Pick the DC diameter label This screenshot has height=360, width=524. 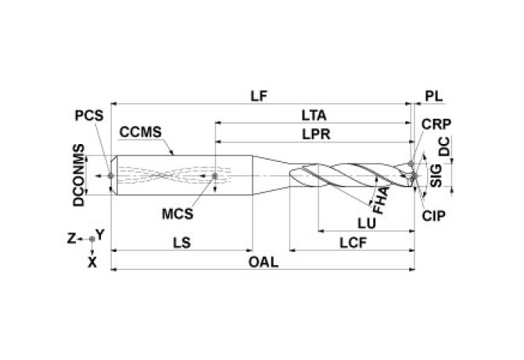pyautogui.click(x=443, y=146)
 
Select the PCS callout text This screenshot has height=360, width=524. pyautogui.click(x=88, y=115)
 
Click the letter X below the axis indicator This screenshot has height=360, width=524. pyautogui.click(x=92, y=263)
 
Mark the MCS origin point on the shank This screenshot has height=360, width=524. pyautogui.click(x=215, y=175)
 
